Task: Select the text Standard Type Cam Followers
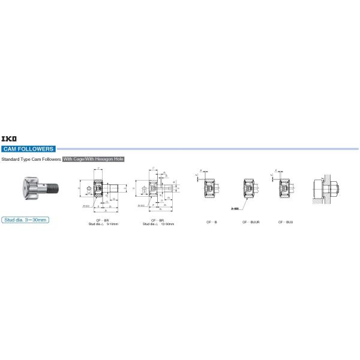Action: tap(31, 160)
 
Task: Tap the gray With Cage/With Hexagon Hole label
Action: tap(93, 160)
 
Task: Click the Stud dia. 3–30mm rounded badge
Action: tap(25, 220)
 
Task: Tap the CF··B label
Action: tap(211, 222)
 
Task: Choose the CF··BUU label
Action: tap(285, 222)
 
